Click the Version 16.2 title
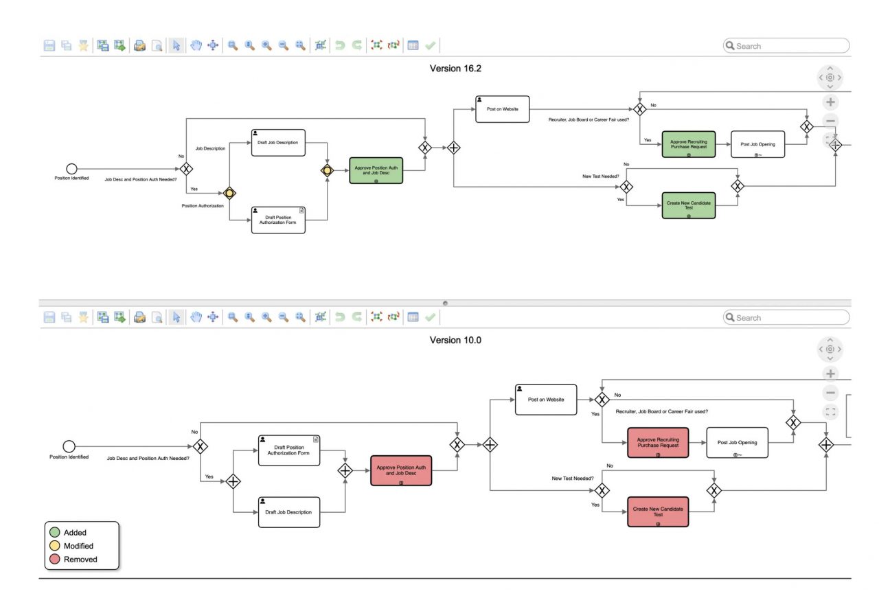pos(455,69)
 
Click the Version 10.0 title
pos(455,340)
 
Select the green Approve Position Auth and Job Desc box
pos(376,170)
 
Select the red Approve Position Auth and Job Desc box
pos(401,470)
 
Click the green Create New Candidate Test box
pos(688,205)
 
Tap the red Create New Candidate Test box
pos(657,512)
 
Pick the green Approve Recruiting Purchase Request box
pos(688,144)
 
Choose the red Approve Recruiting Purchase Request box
pos(657,443)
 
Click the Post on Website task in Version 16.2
pos(502,109)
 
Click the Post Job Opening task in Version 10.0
pos(737,443)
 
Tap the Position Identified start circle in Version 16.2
pos(71,169)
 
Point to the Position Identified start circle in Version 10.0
pos(69,447)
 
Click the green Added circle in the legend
pos(55,533)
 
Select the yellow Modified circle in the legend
pos(55,546)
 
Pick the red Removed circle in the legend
pos(55,560)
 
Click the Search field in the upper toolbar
pos(790,46)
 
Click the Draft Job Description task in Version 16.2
pos(278,143)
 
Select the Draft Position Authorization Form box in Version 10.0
pos(289,450)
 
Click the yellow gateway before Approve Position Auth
pos(327,170)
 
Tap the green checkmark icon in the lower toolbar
pos(430,317)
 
